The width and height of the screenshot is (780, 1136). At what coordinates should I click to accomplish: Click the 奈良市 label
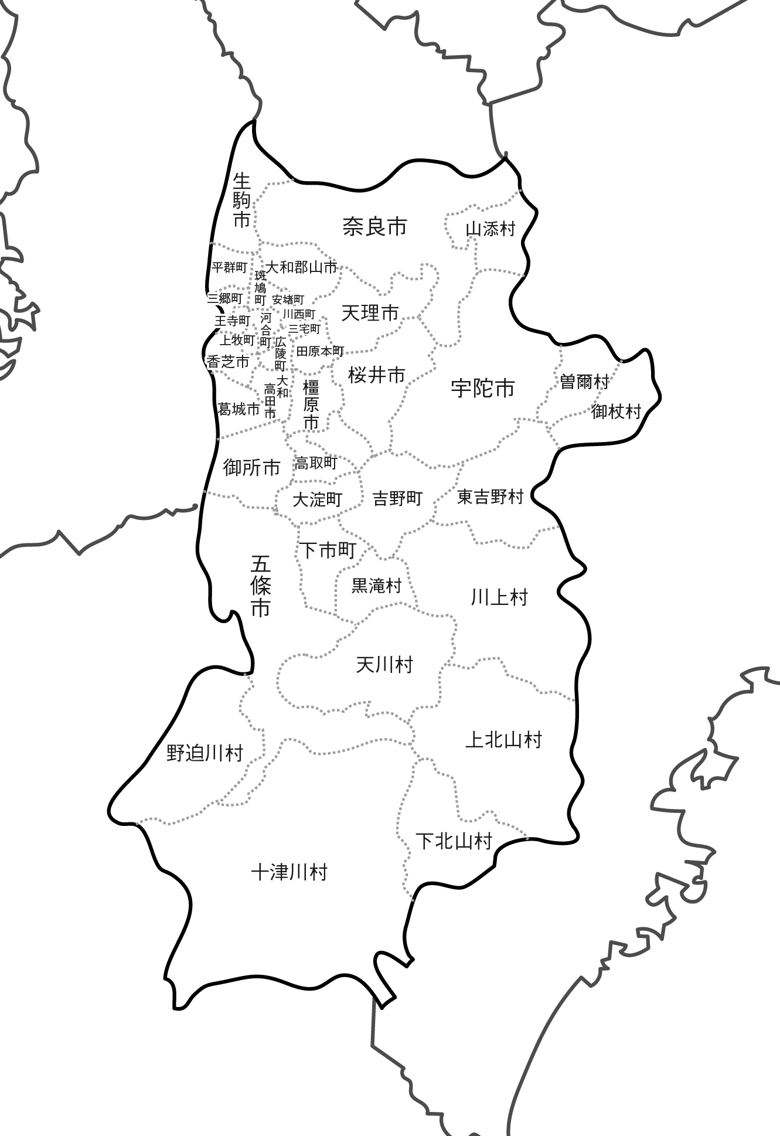click(374, 227)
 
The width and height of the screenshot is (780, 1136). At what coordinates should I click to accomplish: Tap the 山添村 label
click(490, 229)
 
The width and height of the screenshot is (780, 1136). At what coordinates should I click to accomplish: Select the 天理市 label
click(370, 314)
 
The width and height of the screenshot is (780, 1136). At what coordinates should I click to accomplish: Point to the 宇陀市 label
click(483, 388)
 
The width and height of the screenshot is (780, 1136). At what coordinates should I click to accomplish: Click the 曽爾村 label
click(584, 382)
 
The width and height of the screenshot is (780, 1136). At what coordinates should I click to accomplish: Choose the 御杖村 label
click(616, 411)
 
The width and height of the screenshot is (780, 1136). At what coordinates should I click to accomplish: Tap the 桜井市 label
click(376, 375)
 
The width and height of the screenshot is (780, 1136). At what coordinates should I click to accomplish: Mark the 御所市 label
click(252, 468)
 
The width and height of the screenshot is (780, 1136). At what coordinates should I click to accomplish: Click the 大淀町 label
click(317, 500)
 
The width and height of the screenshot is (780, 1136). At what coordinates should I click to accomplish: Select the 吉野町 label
click(397, 499)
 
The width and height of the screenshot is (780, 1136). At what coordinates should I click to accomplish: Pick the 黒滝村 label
click(376, 586)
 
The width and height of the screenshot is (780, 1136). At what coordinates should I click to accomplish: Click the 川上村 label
click(499, 598)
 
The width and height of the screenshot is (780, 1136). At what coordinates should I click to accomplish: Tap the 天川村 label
click(384, 665)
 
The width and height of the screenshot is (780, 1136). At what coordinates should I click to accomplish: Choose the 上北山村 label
click(503, 740)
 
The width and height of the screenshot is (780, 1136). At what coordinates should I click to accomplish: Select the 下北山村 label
click(454, 842)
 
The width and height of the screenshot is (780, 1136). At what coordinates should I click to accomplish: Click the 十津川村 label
click(289, 873)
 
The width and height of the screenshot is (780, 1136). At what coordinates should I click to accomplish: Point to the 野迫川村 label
click(205, 753)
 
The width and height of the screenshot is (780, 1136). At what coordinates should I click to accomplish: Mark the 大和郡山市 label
click(301, 268)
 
